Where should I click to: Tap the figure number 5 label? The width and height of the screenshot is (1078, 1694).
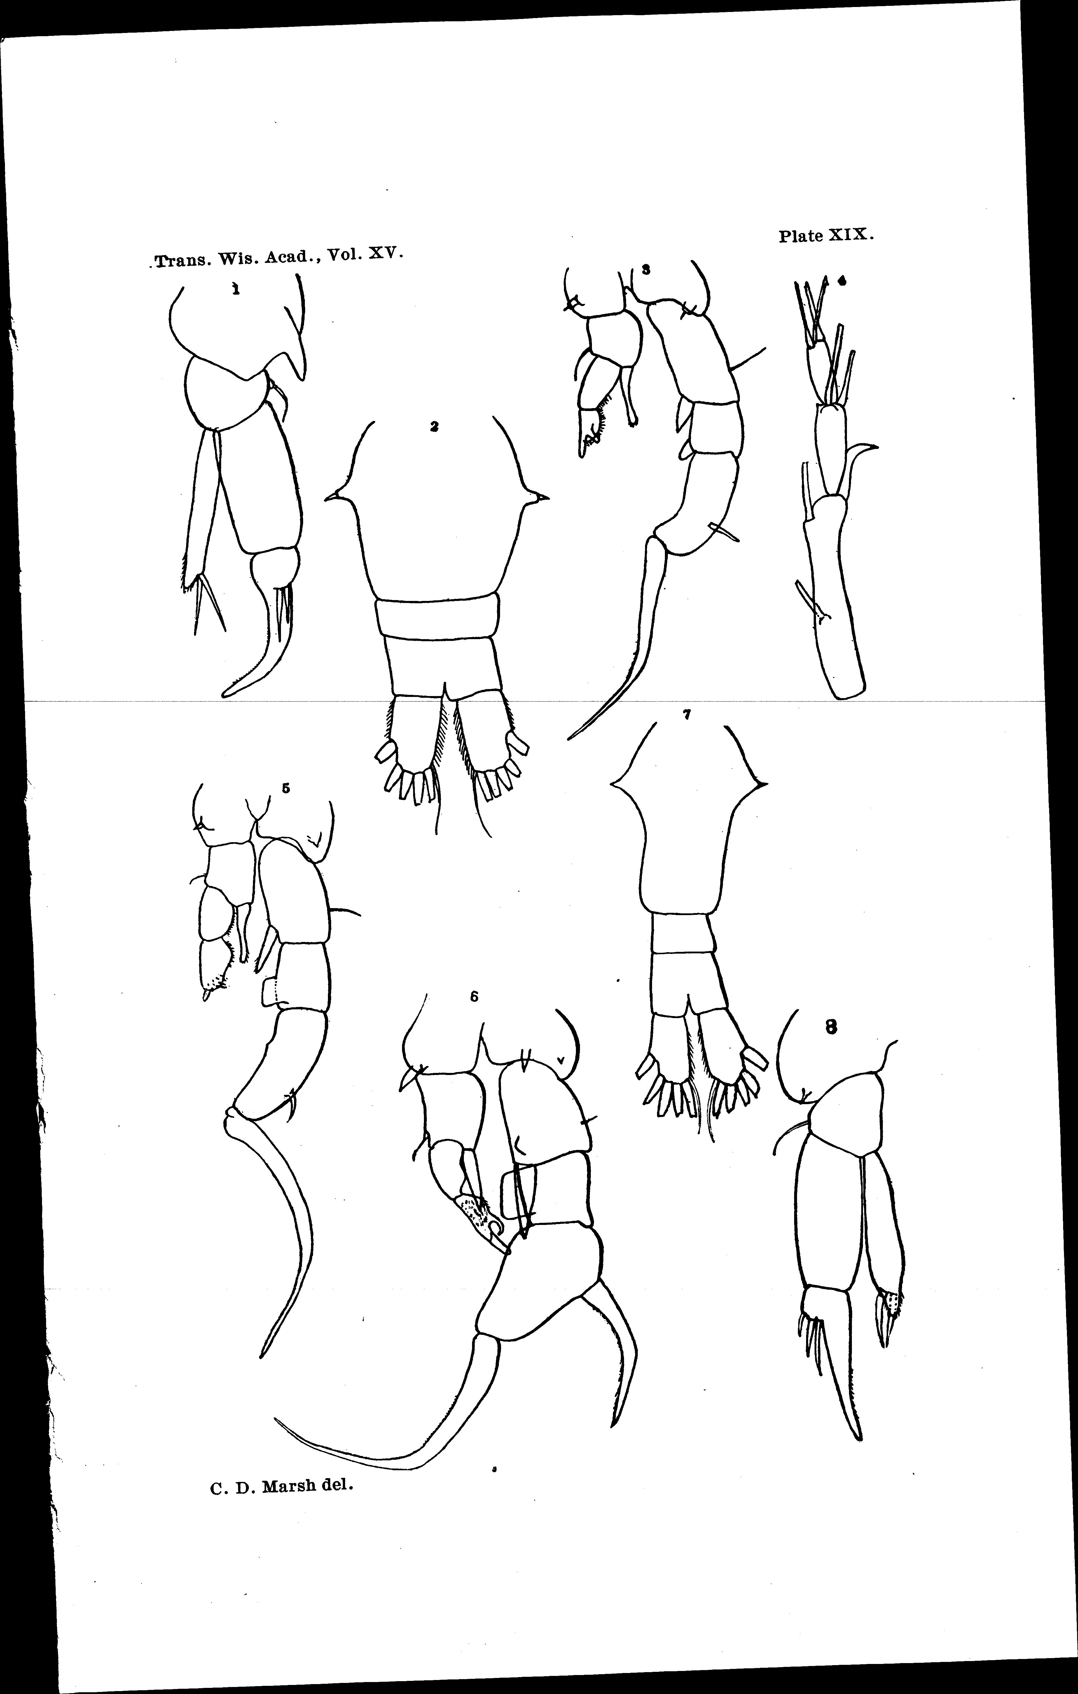[x=286, y=789]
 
